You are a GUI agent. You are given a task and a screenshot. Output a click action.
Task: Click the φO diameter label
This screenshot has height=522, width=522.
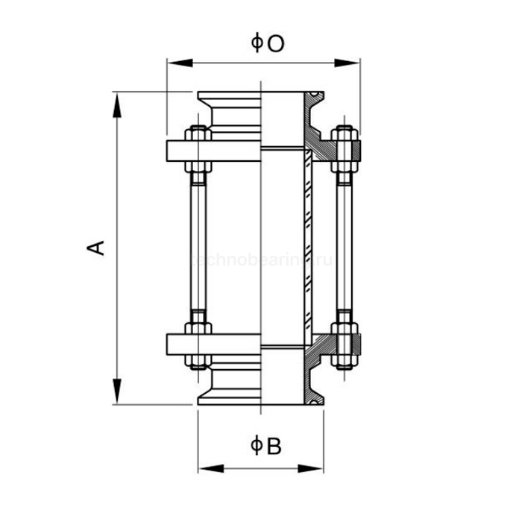tap(266, 45)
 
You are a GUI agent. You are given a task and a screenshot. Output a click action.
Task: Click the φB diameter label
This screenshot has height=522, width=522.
tap(265, 446)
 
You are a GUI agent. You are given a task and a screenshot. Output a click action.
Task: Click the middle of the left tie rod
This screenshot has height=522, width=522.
tap(198, 248)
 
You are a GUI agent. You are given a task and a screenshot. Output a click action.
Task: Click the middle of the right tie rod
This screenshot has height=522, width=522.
tap(343, 248)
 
